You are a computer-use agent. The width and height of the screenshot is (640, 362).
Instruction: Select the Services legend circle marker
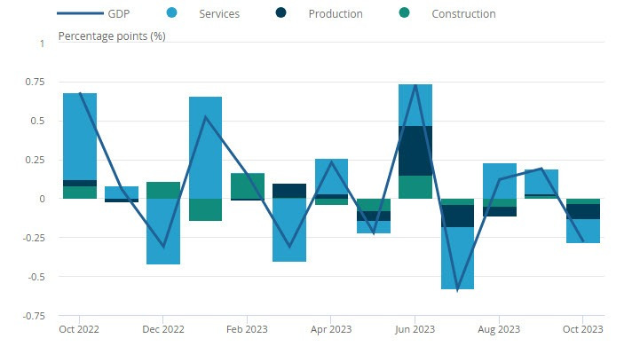pos(172,13)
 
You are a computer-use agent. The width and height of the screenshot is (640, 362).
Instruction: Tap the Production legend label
pos(336,13)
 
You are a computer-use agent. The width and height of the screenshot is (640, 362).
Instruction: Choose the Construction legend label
pos(463,13)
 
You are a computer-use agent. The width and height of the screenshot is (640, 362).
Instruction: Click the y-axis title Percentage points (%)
pos(112,35)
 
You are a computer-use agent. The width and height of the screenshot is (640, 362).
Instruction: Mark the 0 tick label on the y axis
pos(40,199)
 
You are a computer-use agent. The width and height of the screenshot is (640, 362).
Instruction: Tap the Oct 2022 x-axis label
pos(80,328)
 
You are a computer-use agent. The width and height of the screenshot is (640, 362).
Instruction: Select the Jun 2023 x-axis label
pos(415,328)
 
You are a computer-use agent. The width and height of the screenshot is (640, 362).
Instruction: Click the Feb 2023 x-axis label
pos(248,328)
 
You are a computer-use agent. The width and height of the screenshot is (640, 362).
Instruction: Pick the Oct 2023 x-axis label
pos(582,328)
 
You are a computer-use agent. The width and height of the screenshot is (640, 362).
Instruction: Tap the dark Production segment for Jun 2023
pos(415,150)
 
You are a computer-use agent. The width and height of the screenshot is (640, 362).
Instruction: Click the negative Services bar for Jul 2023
pos(457,257)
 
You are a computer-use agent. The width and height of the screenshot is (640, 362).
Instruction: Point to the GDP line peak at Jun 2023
pos(415,85)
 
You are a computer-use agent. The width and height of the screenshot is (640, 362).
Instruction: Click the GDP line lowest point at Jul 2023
pos(457,289)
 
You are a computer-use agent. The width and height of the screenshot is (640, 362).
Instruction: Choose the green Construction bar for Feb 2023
pos(248,185)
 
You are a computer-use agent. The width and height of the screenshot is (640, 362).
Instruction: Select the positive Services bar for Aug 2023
pos(499,180)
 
